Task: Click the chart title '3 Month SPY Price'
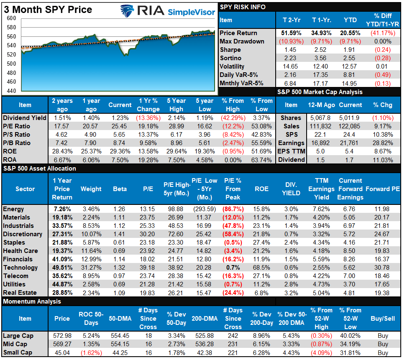click(x=48, y=9)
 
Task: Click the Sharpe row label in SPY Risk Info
click(x=230, y=50)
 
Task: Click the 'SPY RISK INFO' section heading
click(x=243, y=7)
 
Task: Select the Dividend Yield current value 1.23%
click(x=120, y=118)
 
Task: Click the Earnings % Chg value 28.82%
click(x=384, y=143)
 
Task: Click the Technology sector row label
click(x=20, y=268)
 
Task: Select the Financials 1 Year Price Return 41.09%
click(x=62, y=259)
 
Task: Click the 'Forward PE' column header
click(x=382, y=189)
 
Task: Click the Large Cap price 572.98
click(x=62, y=336)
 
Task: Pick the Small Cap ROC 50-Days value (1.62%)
click(x=88, y=352)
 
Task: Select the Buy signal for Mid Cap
click(x=382, y=344)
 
